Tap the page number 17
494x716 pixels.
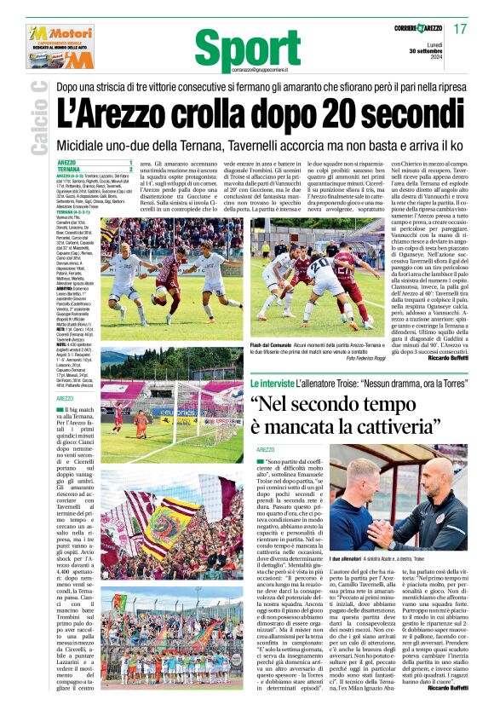pyautogui.click(x=460, y=29)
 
